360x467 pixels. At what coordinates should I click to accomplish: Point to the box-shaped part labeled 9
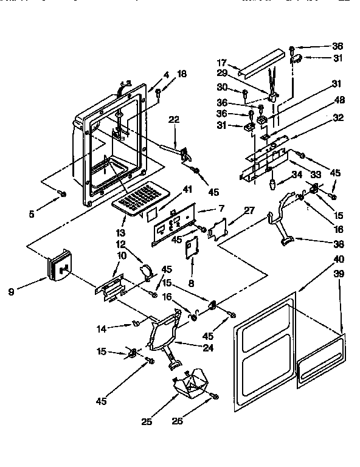[58, 264]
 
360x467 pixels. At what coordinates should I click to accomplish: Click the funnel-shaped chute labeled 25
[189, 384]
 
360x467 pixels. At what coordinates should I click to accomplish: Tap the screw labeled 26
[214, 397]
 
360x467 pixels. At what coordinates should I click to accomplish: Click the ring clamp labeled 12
[147, 270]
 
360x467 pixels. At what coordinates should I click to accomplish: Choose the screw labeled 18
[157, 92]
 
